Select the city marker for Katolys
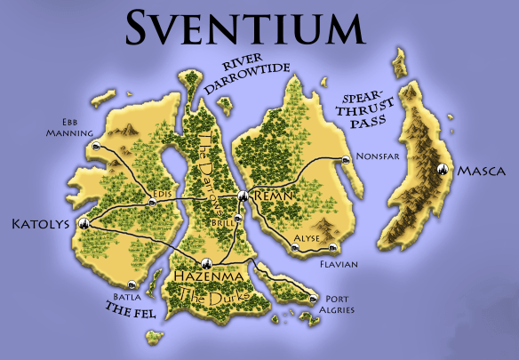pos(84,223)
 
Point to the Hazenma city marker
pos(205,262)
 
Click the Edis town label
pos(161,192)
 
